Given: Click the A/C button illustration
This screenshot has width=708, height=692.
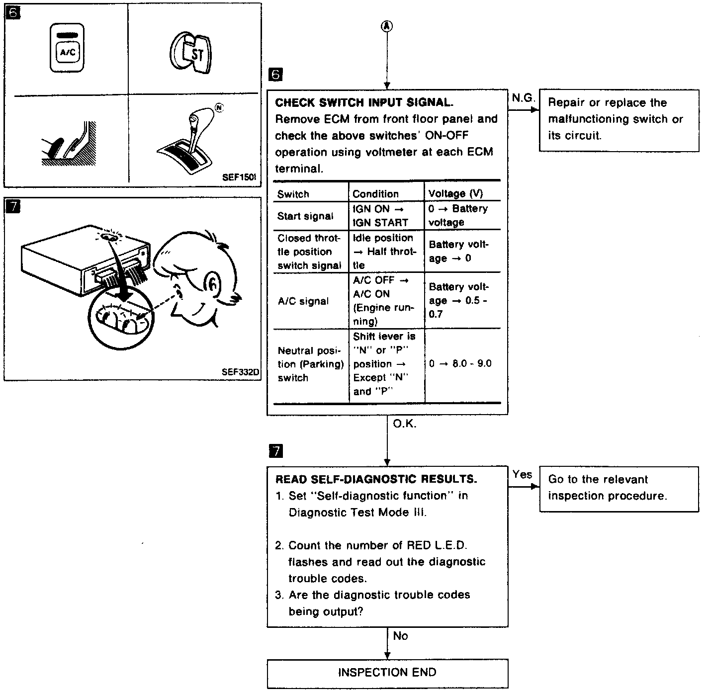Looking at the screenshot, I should [67, 48].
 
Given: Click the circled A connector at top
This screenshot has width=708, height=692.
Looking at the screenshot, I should [387, 27].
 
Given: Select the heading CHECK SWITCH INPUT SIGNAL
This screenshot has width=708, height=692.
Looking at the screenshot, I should [364, 103].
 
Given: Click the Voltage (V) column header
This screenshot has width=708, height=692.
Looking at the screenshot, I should [455, 194].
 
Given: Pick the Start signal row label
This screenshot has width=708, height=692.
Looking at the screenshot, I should [305, 216].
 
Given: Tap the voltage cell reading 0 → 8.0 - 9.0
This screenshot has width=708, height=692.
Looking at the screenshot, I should [460, 364].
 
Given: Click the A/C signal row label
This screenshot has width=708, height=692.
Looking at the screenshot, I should [303, 301].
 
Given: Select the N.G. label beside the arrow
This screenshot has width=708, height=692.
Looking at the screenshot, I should [523, 98].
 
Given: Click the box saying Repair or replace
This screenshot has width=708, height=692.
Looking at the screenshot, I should [619, 119].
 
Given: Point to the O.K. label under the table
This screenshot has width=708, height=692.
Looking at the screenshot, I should [405, 424].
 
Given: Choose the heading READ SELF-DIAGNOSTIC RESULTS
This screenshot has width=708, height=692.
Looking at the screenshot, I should [376, 479].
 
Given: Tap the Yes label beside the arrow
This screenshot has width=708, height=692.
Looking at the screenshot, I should [522, 475].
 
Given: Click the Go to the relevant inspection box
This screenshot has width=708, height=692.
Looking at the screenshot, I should [619, 488].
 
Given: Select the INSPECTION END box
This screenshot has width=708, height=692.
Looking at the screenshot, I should [387, 673].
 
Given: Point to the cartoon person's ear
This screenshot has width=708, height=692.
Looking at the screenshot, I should [212, 284].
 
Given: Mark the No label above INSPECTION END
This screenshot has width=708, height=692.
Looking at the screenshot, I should [400, 636].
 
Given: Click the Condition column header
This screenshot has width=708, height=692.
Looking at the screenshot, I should [375, 194].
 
